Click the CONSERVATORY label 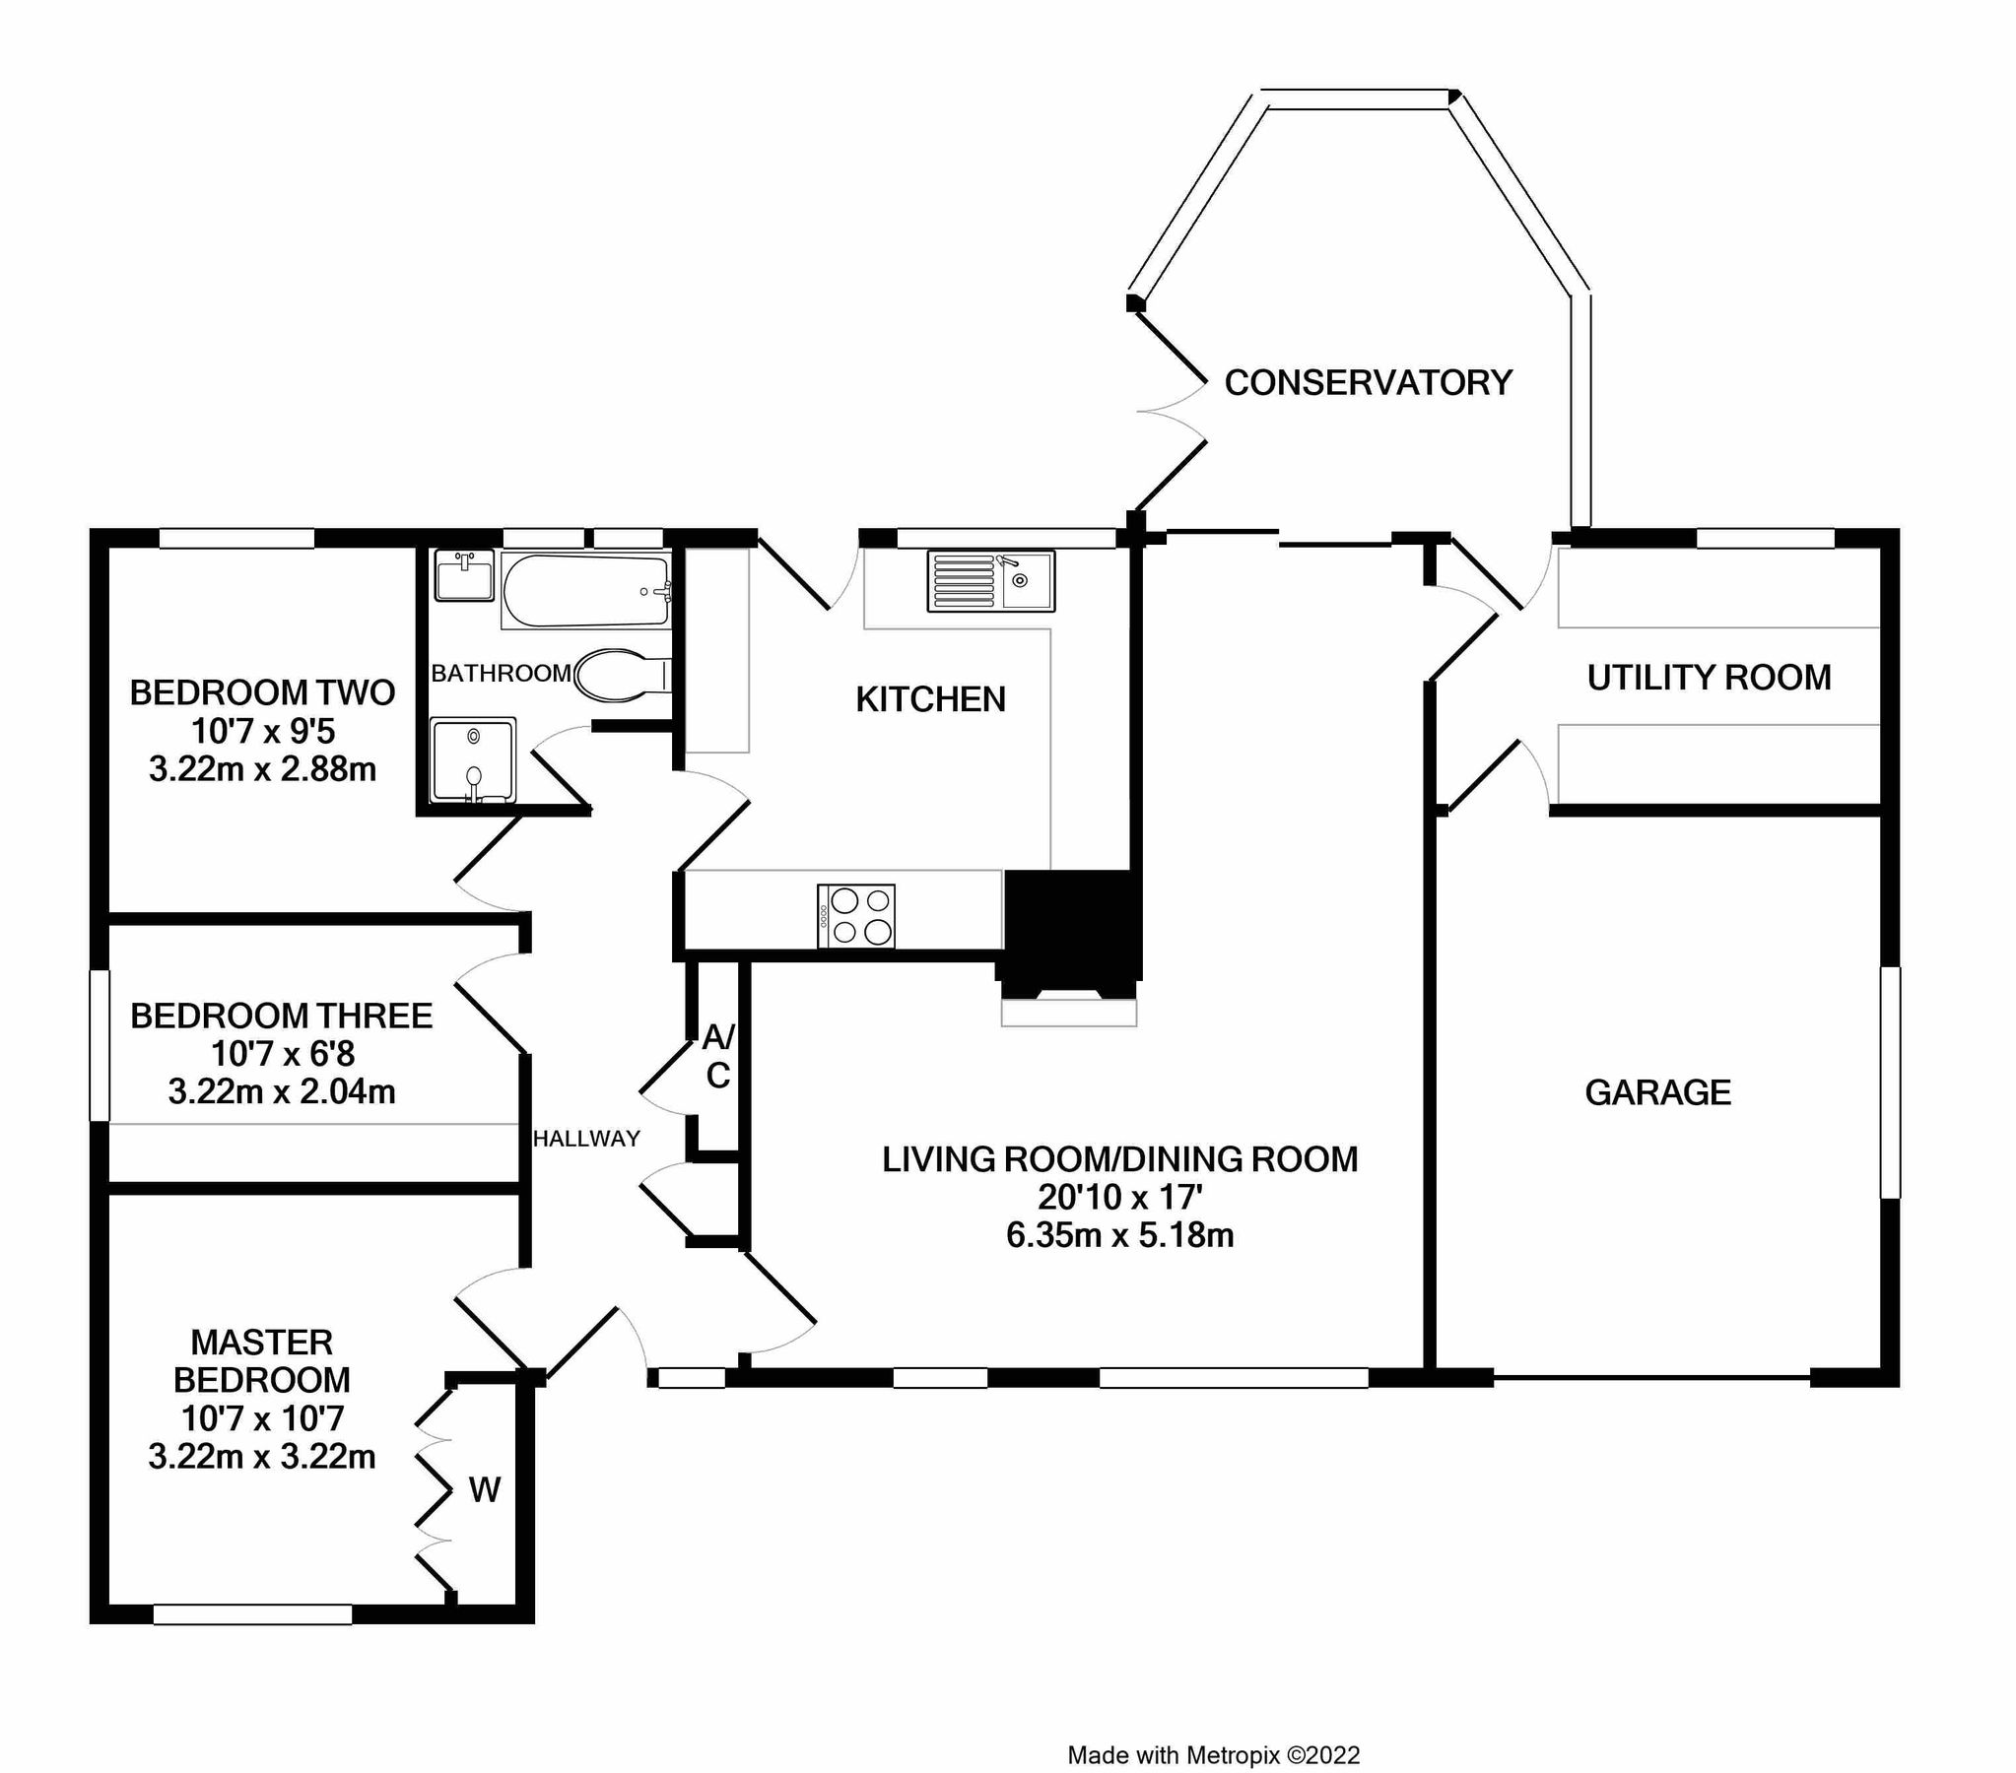[1368, 382]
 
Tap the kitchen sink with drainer [990, 581]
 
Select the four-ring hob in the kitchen [856, 916]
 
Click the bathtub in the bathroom [586, 591]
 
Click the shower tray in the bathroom [473, 758]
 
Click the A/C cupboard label [718, 1056]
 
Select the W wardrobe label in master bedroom [484, 1490]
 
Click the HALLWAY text [586, 1139]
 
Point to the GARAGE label [1658, 1092]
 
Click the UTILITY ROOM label [1709, 678]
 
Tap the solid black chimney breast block [1071, 927]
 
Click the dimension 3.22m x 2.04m [282, 1092]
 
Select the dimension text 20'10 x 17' [1119, 1197]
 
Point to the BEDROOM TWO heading [262, 692]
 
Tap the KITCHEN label [930, 699]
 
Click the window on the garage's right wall [1890, 1082]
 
